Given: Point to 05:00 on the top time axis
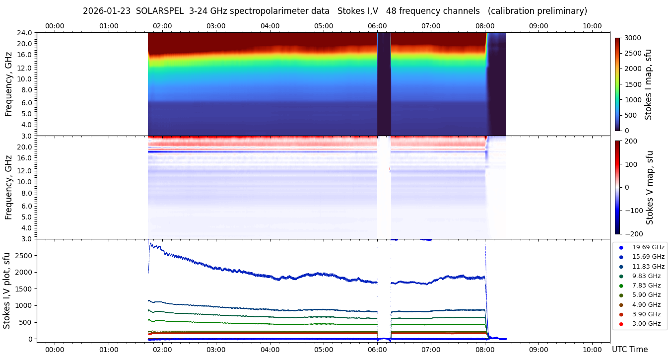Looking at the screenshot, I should point(324,26).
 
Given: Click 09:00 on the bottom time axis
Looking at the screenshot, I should point(538,349).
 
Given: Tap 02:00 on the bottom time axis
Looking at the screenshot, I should point(162,349).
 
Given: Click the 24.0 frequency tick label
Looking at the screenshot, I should point(25,33).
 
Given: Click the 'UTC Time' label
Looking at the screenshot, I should point(629,350).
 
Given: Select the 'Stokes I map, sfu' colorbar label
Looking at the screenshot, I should point(648,84).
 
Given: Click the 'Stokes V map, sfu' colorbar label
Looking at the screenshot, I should point(650,187).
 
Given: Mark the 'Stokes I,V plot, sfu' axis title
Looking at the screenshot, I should point(7,290).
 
